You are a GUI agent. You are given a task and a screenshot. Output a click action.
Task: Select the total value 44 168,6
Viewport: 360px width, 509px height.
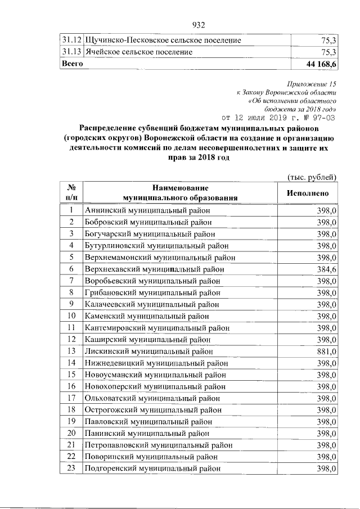click(319, 65)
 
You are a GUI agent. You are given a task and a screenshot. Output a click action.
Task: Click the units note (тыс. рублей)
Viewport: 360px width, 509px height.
click(312, 177)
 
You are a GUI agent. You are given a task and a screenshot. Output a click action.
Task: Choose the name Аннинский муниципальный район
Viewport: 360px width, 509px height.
click(147, 210)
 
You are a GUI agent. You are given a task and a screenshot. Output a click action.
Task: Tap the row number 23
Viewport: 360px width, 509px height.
click(71, 468)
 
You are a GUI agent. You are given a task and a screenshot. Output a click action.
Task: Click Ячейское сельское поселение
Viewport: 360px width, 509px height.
click(138, 52)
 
